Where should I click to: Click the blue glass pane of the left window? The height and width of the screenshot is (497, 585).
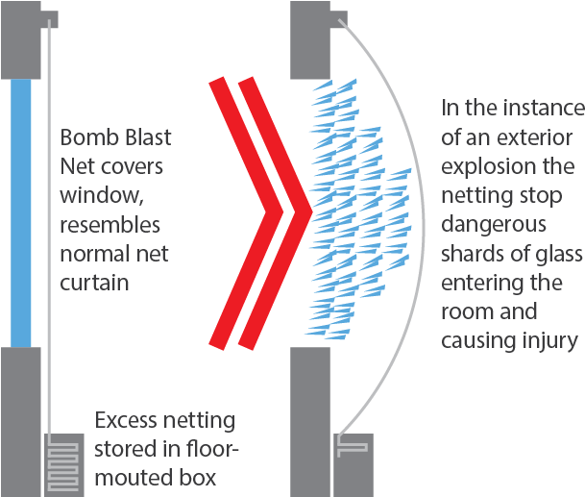(x=20, y=211)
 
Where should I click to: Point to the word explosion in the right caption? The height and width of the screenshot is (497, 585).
(x=484, y=165)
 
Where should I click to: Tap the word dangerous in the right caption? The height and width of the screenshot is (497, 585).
(x=492, y=225)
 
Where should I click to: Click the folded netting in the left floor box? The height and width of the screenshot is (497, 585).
(x=65, y=460)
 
